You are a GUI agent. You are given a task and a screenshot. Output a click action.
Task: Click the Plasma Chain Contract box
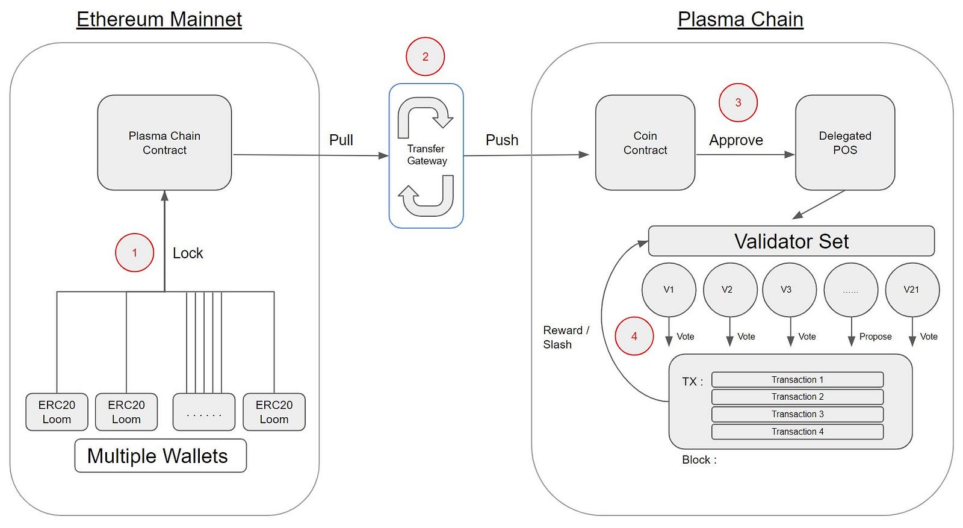164,143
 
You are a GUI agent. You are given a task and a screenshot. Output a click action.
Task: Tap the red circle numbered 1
134,253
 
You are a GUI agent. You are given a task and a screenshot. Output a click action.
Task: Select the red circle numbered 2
425,57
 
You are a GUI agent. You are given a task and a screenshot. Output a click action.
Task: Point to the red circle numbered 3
738,102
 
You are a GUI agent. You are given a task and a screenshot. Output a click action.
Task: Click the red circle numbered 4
634,336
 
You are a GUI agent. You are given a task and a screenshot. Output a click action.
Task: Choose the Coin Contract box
645,143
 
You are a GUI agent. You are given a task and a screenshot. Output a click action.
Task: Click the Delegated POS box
844,143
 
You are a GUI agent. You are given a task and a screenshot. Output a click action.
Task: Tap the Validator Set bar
791,241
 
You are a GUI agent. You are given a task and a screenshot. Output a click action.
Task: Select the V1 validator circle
669,290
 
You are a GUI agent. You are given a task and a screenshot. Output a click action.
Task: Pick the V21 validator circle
912,290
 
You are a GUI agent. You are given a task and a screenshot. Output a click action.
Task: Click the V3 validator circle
789,290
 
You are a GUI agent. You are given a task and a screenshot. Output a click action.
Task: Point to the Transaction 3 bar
797,414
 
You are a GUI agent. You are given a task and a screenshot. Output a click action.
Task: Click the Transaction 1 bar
797,380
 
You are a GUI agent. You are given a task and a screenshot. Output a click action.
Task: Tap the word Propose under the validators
875,337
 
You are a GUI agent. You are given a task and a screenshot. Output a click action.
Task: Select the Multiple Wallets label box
160,456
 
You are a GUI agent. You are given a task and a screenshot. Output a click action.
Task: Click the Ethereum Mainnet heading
159,19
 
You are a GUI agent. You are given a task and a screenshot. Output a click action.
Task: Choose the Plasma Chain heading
740,19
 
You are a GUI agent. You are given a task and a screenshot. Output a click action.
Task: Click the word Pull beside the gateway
341,140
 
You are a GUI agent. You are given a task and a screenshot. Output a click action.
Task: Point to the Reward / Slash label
566,337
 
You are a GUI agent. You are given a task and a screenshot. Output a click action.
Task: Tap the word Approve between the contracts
735,140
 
